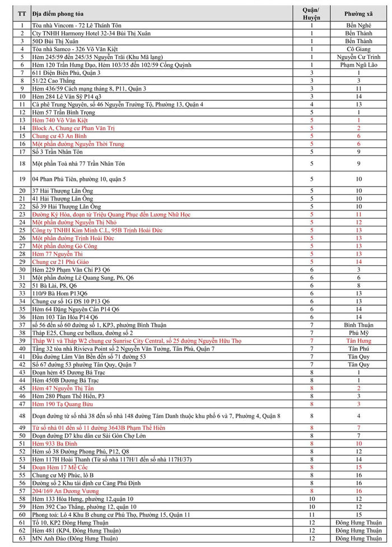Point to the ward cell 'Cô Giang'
point(358,49)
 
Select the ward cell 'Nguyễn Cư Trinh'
point(358,57)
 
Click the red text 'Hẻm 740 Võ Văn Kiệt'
point(60,120)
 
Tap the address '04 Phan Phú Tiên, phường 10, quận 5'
point(78,179)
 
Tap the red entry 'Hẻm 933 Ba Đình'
point(55,443)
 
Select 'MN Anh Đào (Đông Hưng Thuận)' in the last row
point(75,539)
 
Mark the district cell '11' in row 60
point(311,515)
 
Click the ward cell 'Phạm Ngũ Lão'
point(358,65)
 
